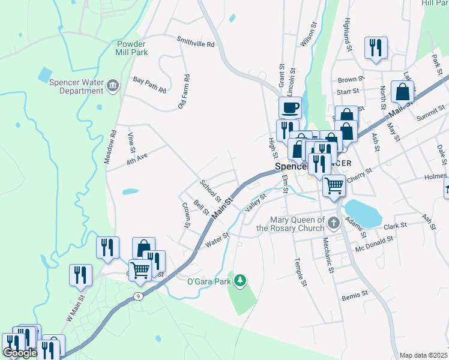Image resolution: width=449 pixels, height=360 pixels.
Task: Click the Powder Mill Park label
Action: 131,47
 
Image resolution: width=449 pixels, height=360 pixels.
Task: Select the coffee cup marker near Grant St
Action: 291,108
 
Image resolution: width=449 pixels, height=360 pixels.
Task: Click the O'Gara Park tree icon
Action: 240,280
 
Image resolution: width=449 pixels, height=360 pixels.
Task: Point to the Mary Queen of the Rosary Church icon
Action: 334,224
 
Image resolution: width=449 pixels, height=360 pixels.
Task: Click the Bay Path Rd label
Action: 149,84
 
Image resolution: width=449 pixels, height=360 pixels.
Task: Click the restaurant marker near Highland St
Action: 376,47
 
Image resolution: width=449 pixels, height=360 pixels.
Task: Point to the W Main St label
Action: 76,308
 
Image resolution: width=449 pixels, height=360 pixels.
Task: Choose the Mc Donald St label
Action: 374,243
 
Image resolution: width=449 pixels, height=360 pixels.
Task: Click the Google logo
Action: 20,353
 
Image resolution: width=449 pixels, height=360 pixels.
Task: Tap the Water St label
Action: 217,239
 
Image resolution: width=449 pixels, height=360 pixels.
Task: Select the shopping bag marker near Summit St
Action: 403,91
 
